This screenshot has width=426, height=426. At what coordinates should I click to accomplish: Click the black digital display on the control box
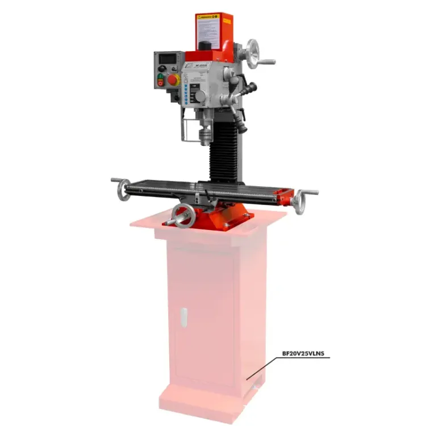[168, 59]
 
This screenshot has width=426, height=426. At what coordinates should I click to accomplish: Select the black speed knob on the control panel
[162, 68]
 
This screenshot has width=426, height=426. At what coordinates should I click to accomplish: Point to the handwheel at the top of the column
[254, 54]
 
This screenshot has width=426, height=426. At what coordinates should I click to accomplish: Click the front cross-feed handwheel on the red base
[183, 216]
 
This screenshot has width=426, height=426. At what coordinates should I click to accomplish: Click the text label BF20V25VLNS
[306, 353]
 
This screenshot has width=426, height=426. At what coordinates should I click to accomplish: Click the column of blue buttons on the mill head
[186, 94]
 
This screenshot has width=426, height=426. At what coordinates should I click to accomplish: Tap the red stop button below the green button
[160, 83]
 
